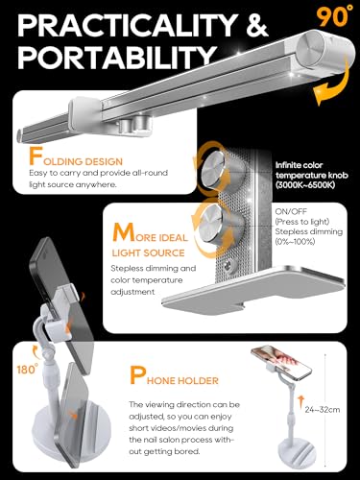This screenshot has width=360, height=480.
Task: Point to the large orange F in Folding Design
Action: click(36, 156)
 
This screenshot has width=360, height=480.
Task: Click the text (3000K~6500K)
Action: click(305, 185)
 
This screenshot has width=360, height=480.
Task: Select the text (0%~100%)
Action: click(295, 242)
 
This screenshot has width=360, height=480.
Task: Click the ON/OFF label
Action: click(291, 211)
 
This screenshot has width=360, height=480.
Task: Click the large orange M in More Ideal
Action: click(123, 233)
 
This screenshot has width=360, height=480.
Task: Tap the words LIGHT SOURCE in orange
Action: click(148, 253)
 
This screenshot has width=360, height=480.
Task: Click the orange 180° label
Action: click(28, 370)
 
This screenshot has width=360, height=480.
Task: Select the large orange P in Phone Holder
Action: click(137, 375)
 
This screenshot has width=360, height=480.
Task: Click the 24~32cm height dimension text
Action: click(323, 410)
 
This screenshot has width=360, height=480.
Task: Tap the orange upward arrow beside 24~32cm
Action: click(300, 402)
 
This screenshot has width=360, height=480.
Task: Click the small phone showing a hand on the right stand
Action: click(281, 362)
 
